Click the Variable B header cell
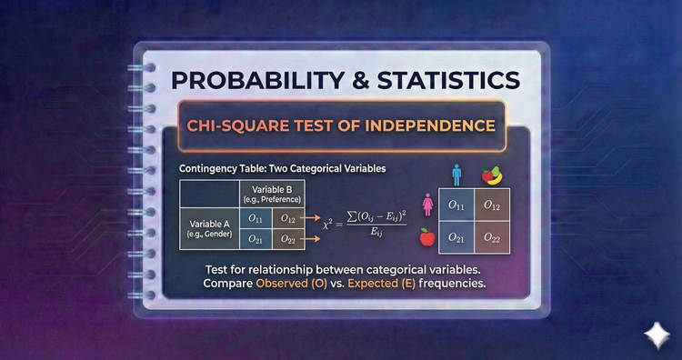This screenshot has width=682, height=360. tap(271, 195)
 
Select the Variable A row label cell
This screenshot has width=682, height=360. tap(208, 228)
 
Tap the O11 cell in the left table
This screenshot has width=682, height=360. tap(255, 219)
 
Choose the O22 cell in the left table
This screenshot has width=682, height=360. tap(288, 240)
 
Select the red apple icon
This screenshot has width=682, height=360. tap(426, 238)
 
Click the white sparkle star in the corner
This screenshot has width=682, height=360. tap(654, 332)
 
